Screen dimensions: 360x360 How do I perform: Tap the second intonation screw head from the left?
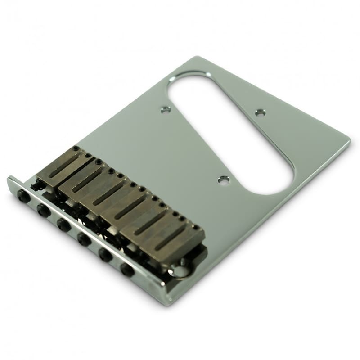tap(43, 210)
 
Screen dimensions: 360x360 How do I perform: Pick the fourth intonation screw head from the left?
tap(84, 239)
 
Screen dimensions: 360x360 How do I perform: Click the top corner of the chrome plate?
tap(197, 57)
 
